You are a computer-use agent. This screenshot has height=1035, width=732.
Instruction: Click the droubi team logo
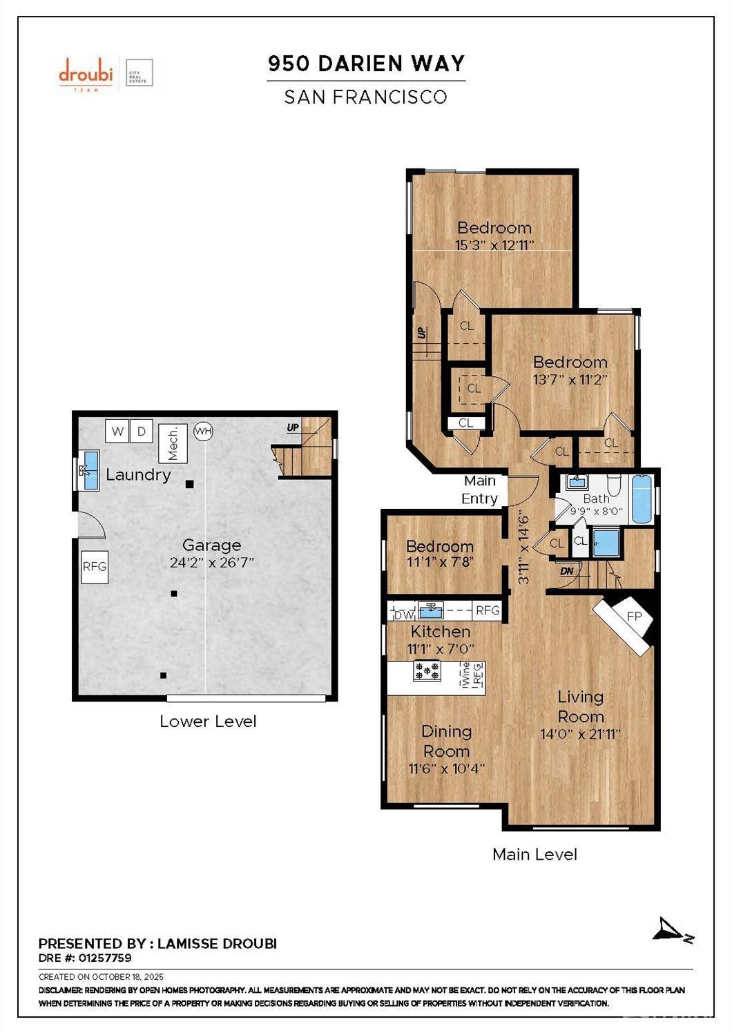[x=86, y=73]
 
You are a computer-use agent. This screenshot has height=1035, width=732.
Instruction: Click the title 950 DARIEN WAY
[x=366, y=64]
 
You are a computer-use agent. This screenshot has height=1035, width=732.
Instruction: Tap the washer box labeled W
[x=117, y=432]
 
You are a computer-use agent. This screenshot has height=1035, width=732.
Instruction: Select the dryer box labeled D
[x=142, y=432]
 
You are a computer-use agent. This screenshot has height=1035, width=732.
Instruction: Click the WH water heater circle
[x=203, y=432]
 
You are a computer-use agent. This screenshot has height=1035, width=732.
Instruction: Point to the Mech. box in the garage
[x=173, y=443]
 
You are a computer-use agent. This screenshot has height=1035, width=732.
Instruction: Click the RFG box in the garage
[x=95, y=566]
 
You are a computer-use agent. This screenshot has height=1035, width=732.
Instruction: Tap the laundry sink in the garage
[x=90, y=470]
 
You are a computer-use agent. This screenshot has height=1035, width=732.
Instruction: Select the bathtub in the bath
[x=642, y=499]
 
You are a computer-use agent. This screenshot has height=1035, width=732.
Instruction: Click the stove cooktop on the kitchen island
[x=427, y=671]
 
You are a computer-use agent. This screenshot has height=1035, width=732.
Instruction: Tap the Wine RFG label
[x=472, y=674]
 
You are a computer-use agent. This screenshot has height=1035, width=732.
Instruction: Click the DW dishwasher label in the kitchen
[x=403, y=613]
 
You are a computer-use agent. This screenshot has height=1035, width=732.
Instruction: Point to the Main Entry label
[x=479, y=490]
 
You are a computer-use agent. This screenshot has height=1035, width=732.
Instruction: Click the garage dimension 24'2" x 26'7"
[x=212, y=563]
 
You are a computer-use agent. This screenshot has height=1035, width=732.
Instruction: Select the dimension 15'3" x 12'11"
[x=494, y=245]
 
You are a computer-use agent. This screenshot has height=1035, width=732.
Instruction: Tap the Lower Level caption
[x=208, y=722]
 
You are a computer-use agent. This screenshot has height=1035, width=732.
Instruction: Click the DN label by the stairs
[x=567, y=571]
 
